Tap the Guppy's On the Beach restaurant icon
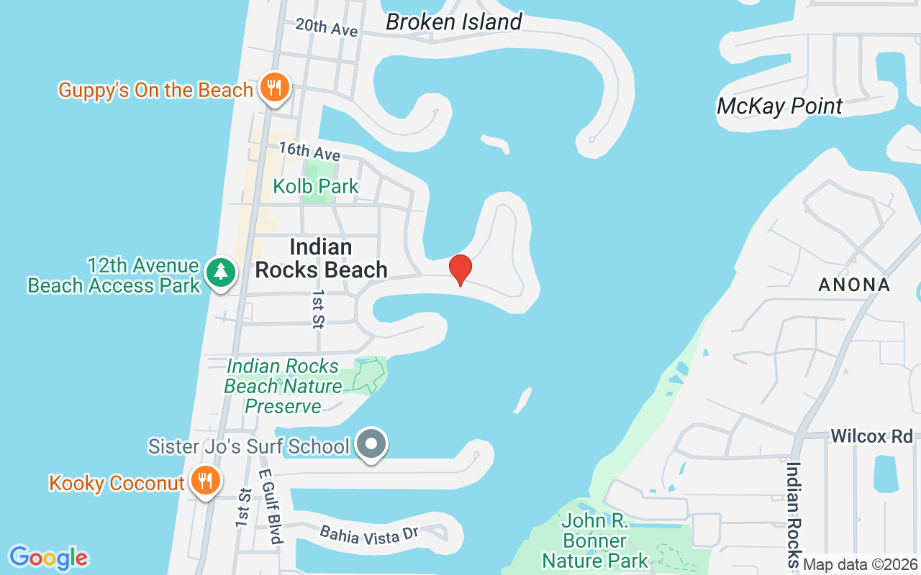(274, 88)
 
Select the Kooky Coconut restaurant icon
(206, 481)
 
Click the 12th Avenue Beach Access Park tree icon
(221, 272)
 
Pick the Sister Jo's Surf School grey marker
(371, 443)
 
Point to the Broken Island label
(453, 22)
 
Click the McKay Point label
(779, 106)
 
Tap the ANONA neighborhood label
(854, 285)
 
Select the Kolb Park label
(316, 186)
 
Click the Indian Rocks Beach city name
(322, 259)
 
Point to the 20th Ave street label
(327, 27)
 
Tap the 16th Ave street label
(309, 151)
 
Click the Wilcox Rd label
(871, 436)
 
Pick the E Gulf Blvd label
(271, 507)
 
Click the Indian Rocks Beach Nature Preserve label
(283, 386)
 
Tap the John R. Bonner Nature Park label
(595, 540)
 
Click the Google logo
(48, 558)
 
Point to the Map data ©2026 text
(861, 565)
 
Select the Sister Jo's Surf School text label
(248, 446)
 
